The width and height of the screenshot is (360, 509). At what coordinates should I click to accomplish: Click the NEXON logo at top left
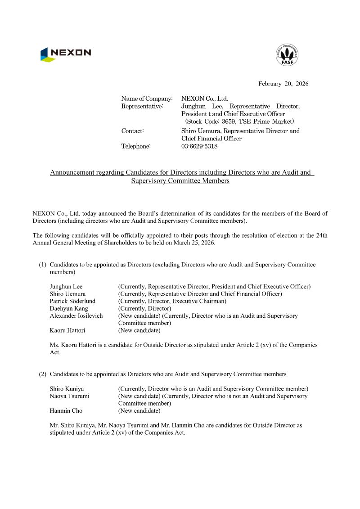tap(65, 54)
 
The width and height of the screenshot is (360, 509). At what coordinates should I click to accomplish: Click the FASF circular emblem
tap(287, 55)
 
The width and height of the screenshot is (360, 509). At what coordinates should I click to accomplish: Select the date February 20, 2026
tap(283, 84)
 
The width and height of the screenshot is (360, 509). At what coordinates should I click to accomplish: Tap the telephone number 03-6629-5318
tap(199, 146)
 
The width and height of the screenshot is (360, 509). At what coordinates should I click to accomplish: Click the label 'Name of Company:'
tap(147, 99)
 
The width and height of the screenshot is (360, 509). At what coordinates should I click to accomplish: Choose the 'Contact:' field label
tap(132, 131)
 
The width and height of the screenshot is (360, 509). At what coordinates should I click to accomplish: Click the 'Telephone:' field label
tap(136, 146)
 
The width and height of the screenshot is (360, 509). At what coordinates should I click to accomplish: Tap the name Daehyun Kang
tap(69, 308)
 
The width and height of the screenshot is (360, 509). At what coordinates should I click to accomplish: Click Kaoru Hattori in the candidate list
tap(67, 330)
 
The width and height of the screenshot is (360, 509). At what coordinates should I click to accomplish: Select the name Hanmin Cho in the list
tap(66, 410)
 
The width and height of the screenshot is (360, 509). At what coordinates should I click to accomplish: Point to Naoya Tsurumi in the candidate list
tap(69, 396)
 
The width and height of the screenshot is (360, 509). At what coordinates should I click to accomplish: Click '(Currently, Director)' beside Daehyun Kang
tap(144, 308)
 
